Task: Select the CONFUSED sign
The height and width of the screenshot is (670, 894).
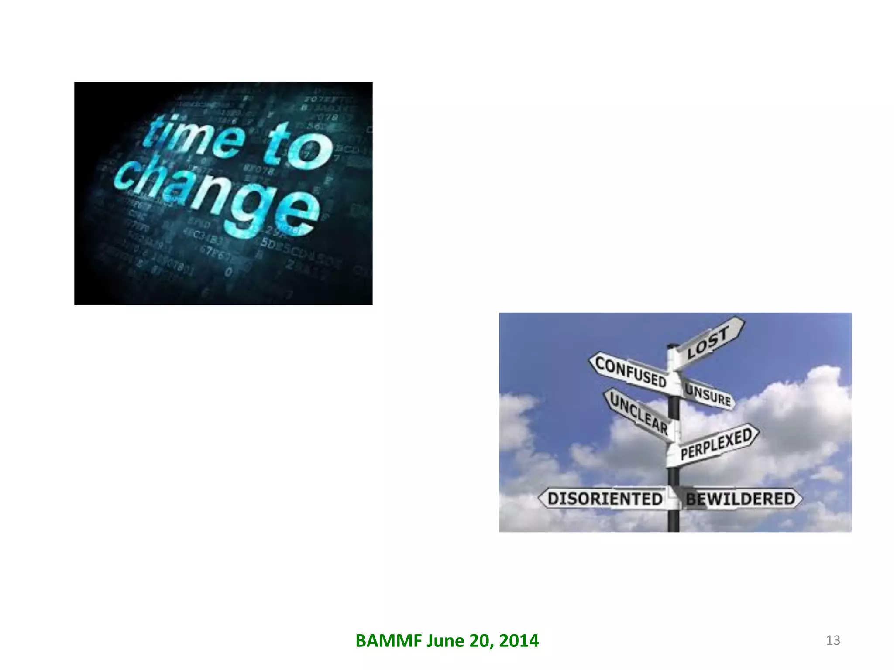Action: pos(631,372)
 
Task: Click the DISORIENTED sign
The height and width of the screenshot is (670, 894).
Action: pos(605,499)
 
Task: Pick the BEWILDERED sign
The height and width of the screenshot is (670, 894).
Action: pos(741,499)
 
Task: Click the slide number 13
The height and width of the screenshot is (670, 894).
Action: pos(833,640)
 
